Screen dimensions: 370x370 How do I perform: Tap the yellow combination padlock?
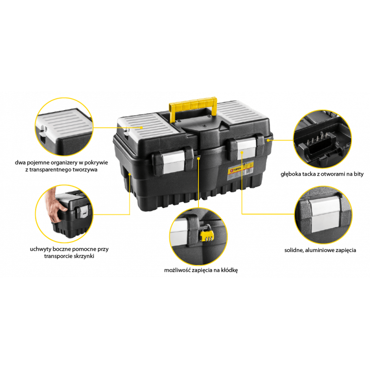click(x=207, y=234)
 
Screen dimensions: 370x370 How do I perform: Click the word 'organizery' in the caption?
click(x=63, y=163)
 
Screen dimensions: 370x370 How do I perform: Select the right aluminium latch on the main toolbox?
click(x=247, y=147)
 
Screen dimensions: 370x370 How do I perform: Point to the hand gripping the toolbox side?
click(x=56, y=206)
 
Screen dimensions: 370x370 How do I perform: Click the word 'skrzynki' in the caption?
click(x=84, y=256)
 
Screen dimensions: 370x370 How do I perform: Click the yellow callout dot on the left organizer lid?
click(x=142, y=128)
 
